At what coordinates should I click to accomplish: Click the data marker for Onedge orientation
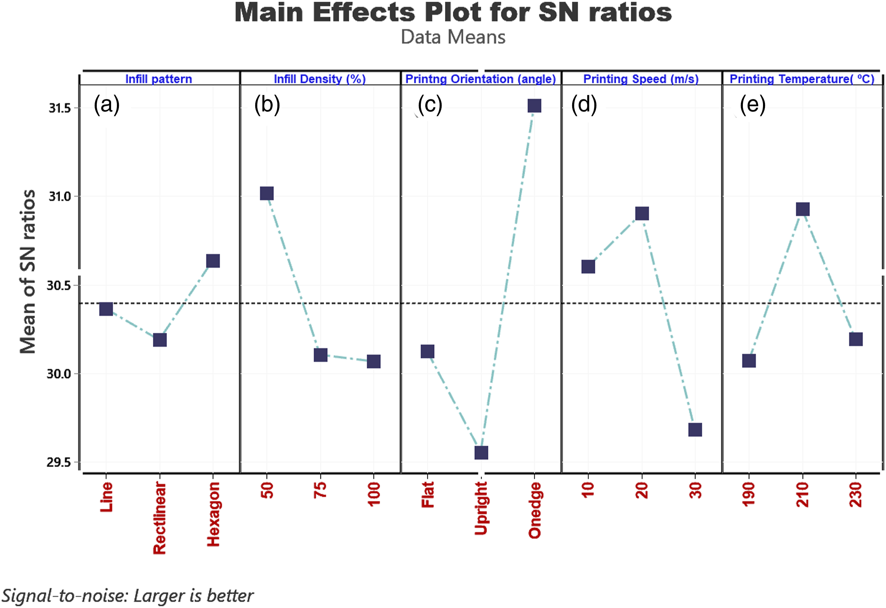(x=535, y=106)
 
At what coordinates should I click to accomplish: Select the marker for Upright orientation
(x=481, y=453)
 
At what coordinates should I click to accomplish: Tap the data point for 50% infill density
(x=267, y=193)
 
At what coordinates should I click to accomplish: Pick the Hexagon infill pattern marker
(x=213, y=261)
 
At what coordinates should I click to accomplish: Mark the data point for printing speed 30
(x=696, y=430)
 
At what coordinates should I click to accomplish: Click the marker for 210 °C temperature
(x=803, y=209)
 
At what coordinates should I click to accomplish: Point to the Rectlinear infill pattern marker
(x=160, y=340)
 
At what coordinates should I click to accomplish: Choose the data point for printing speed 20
(x=642, y=214)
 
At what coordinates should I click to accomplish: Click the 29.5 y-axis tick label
(x=59, y=462)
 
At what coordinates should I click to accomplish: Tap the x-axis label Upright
(x=481, y=508)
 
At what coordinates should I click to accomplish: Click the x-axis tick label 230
(x=856, y=495)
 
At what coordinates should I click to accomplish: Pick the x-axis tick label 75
(x=321, y=490)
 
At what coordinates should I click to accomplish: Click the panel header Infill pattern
(x=158, y=79)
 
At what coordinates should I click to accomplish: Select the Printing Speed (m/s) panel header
(x=641, y=79)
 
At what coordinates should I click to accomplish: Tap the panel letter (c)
(x=430, y=105)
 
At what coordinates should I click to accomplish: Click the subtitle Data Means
(x=453, y=37)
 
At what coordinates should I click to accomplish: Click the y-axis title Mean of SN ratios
(x=28, y=272)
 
